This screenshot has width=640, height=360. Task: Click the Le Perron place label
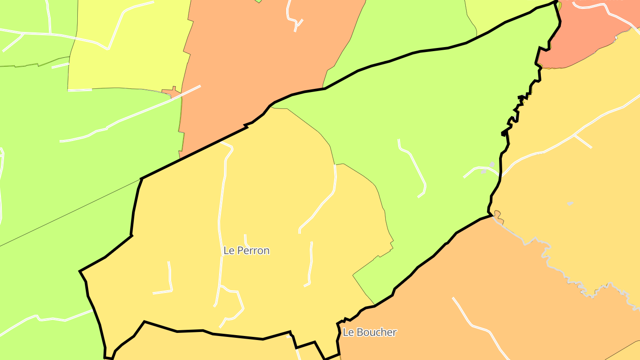tap(246, 251)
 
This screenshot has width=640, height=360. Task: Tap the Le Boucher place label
tap(369, 332)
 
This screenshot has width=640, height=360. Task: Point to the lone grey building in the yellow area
tap(570, 204)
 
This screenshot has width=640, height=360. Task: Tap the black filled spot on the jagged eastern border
tap(504, 132)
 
